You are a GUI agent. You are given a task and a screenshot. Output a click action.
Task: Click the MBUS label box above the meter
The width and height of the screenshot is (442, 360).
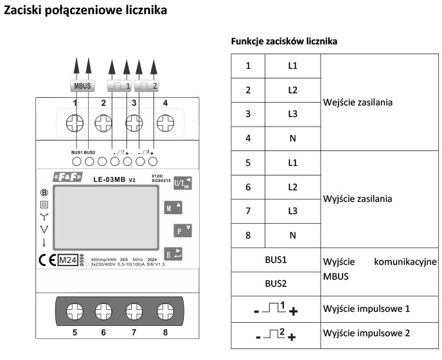point(82,85)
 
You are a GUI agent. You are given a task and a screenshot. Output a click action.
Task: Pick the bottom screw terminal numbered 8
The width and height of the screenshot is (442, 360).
point(164,312)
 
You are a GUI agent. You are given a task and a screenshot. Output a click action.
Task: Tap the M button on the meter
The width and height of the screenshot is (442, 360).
point(173,208)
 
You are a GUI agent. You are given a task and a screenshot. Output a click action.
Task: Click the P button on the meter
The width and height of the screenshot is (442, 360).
point(182,230)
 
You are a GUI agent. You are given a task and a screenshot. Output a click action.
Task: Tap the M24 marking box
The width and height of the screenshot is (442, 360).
point(67,260)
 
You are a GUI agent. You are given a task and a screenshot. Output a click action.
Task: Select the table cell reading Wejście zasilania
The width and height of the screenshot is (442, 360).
point(357,102)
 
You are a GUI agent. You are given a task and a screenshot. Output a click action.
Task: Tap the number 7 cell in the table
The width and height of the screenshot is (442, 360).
point(248,211)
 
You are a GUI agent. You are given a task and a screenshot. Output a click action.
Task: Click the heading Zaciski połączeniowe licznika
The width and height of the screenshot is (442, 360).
point(86,11)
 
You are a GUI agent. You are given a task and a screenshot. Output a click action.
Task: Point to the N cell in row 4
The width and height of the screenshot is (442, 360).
point(292,138)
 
